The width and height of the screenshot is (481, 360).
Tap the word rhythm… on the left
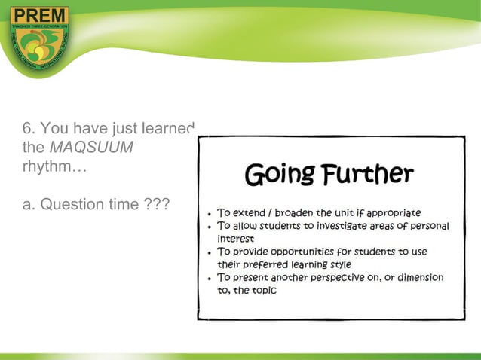[55, 166]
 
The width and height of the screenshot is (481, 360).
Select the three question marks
[155, 205]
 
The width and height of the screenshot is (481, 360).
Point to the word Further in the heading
[369, 175]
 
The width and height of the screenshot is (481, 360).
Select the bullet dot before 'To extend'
[209, 214]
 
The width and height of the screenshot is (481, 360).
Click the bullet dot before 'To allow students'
[209, 227]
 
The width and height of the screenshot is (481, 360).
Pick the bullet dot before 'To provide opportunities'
[209, 252]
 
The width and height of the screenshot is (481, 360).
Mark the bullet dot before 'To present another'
[209, 278]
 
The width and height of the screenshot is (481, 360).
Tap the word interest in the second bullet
[235, 238]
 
